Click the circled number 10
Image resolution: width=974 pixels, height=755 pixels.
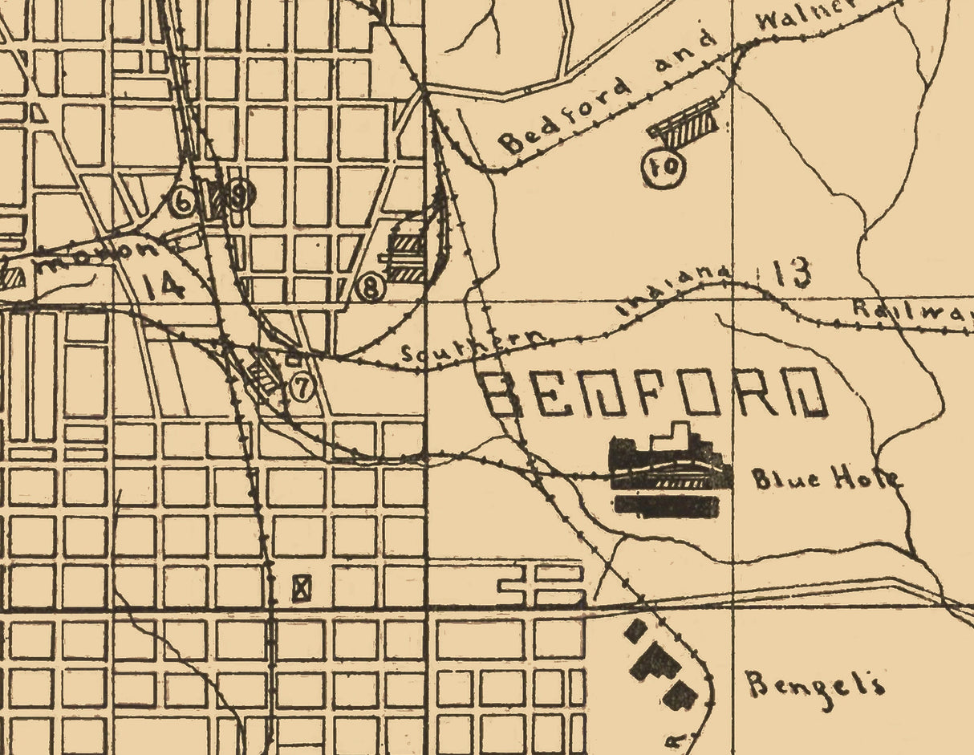click(x=664, y=167)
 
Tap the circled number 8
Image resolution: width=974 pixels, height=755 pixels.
click(x=371, y=287)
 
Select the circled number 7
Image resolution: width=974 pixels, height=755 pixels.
click(x=301, y=388)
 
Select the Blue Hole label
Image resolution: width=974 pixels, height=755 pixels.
click(x=825, y=479)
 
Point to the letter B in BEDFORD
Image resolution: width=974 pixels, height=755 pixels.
click(x=502, y=393)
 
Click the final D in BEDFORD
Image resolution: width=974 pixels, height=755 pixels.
click(x=805, y=392)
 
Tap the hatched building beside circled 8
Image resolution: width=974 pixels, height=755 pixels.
click(x=405, y=255)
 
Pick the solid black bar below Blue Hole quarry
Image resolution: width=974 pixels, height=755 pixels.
click(x=666, y=505)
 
